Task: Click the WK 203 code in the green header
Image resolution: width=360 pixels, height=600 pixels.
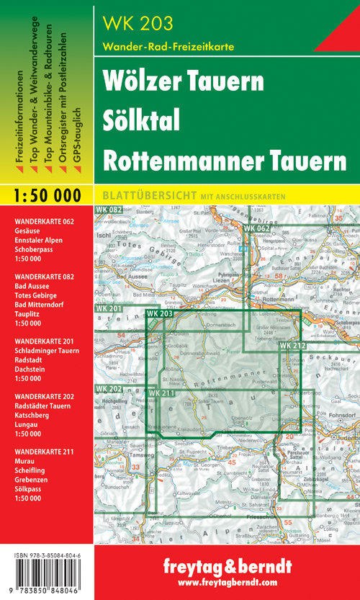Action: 138,22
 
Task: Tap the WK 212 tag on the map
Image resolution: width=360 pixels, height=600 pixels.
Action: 294,347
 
